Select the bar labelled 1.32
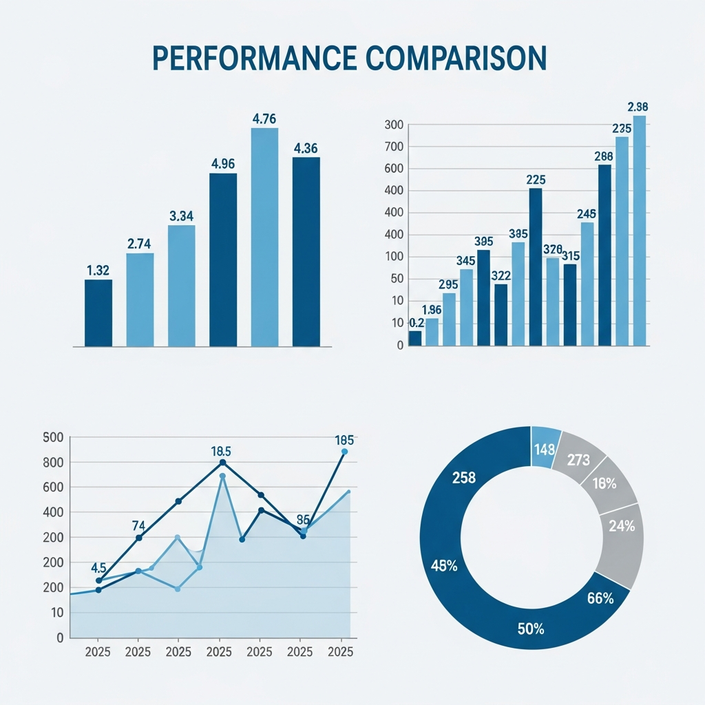click(98, 313)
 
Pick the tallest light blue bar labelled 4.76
click(264, 237)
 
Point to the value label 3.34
click(181, 215)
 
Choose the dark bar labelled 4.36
click(306, 251)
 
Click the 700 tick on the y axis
click(396, 147)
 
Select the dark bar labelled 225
click(536, 266)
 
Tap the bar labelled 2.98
click(640, 230)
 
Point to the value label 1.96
click(432, 309)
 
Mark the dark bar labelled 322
click(501, 315)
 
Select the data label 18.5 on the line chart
click(221, 452)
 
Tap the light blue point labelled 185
click(344, 452)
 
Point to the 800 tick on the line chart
click(52, 462)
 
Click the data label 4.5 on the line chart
click(98, 568)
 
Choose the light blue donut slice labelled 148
click(544, 449)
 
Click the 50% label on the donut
click(531, 628)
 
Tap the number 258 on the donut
click(464, 478)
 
